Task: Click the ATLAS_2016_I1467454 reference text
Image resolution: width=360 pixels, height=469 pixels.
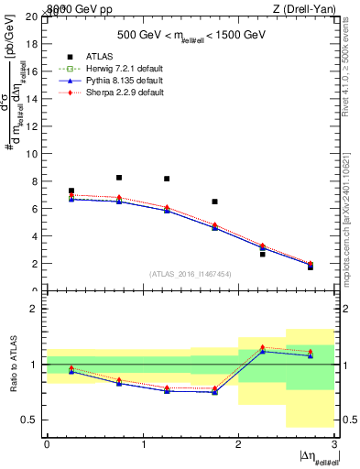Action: (191, 274)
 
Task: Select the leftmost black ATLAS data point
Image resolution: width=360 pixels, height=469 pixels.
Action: (71, 191)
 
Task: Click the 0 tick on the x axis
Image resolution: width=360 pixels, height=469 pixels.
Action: (47, 444)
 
